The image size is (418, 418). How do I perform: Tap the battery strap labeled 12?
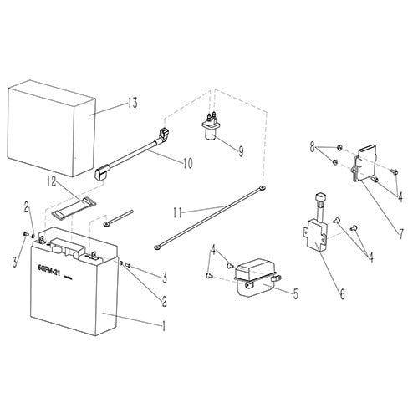69,207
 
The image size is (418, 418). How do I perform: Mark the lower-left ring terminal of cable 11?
156,247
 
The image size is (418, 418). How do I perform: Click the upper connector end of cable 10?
162,132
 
